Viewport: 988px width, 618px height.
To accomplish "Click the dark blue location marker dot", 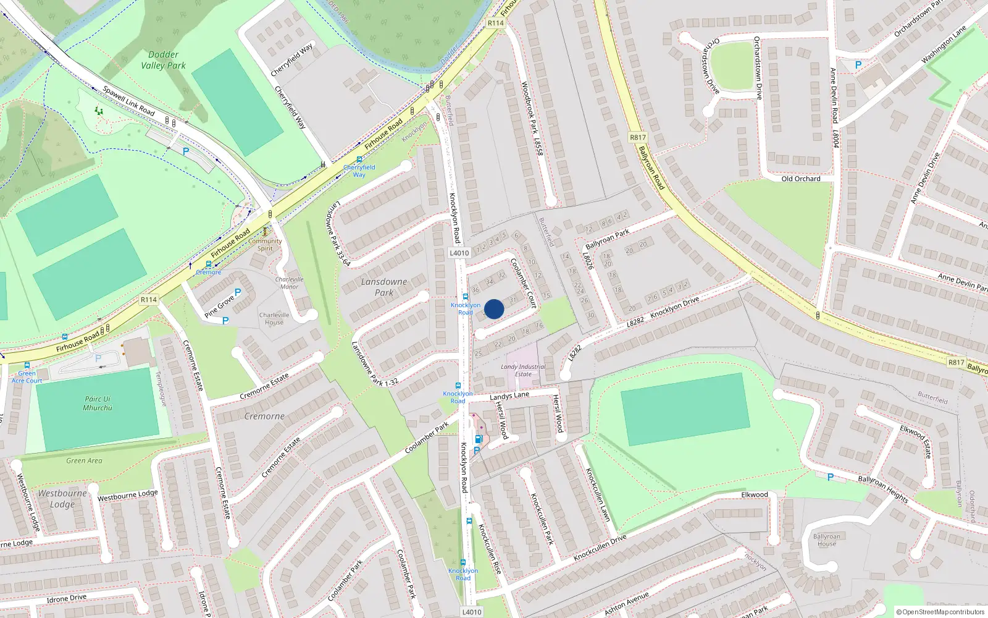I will coord(494,309).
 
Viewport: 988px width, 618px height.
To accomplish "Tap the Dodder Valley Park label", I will coord(163,60).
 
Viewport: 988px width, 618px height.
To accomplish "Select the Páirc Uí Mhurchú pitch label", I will coord(97,404).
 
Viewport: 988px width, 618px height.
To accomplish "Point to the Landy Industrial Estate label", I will coord(523,370).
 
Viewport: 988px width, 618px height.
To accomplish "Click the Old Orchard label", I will coord(801,179).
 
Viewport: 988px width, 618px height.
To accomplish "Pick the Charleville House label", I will coord(274,318).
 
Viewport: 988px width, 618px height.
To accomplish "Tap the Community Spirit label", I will coord(265,245).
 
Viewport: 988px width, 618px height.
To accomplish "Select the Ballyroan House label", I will coord(826,540).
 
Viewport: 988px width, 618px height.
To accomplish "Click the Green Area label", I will coord(84,460).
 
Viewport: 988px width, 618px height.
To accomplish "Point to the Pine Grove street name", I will coord(219,306).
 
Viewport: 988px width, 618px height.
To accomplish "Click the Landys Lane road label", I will coord(509,396).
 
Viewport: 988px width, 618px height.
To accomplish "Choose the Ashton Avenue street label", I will coord(627,603).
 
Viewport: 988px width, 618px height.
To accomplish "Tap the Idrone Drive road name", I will coord(67,598).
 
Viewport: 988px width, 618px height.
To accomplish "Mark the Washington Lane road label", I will coord(943,45).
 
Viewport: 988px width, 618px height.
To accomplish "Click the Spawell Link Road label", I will coord(128,101).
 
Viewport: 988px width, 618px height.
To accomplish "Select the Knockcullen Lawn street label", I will coord(597,494).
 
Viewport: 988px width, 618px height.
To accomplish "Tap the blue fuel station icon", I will coord(479,439).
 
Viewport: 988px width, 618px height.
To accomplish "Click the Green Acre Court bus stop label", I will coord(27,377).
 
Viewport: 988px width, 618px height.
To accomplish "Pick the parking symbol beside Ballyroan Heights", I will coord(831,477).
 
